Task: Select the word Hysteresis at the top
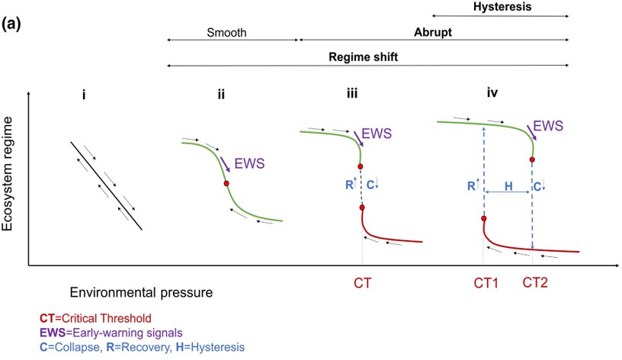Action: point(501,6)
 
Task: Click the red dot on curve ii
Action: point(226,183)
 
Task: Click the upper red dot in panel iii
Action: point(361,166)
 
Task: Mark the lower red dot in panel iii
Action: point(362,207)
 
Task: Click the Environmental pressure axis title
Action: point(140,292)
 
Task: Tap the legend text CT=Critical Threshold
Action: point(91,318)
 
